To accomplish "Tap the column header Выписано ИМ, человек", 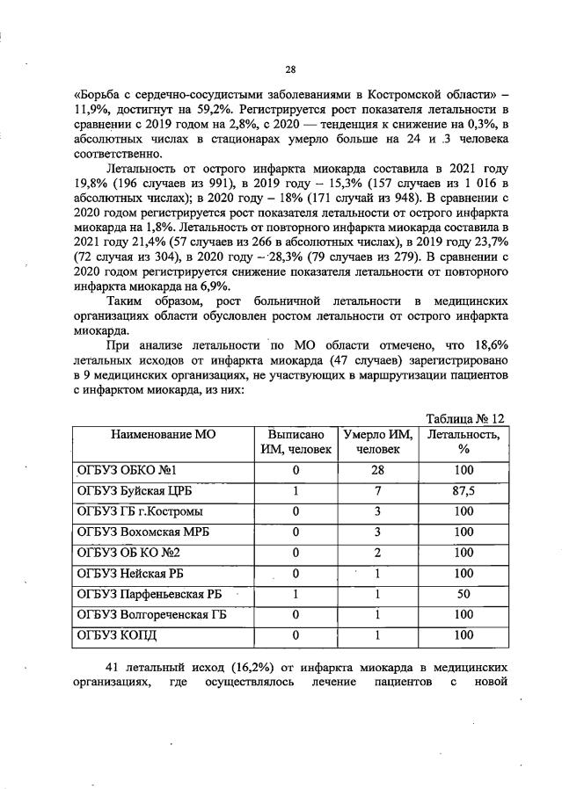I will tap(296, 442).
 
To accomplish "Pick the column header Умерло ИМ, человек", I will tap(377, 442).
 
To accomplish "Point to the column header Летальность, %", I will tap(464, 442).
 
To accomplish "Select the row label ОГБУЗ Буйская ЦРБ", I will tap(140, 491).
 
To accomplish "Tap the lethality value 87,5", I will tap(464, 491).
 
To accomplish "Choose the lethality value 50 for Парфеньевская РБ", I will tap(464, 594).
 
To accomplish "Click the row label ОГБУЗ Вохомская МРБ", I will tap(144, 532).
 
